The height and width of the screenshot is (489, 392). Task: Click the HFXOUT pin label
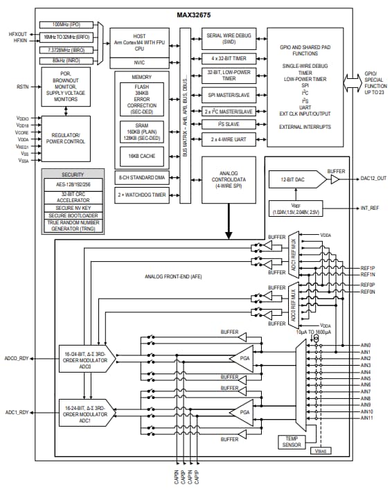pos(17,33)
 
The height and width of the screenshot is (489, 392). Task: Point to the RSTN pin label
pos(23,87)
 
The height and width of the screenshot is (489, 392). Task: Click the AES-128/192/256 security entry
pos(73,184)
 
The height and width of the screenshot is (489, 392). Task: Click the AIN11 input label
pos(366,419)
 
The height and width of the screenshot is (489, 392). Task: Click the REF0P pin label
pos(368,285)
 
